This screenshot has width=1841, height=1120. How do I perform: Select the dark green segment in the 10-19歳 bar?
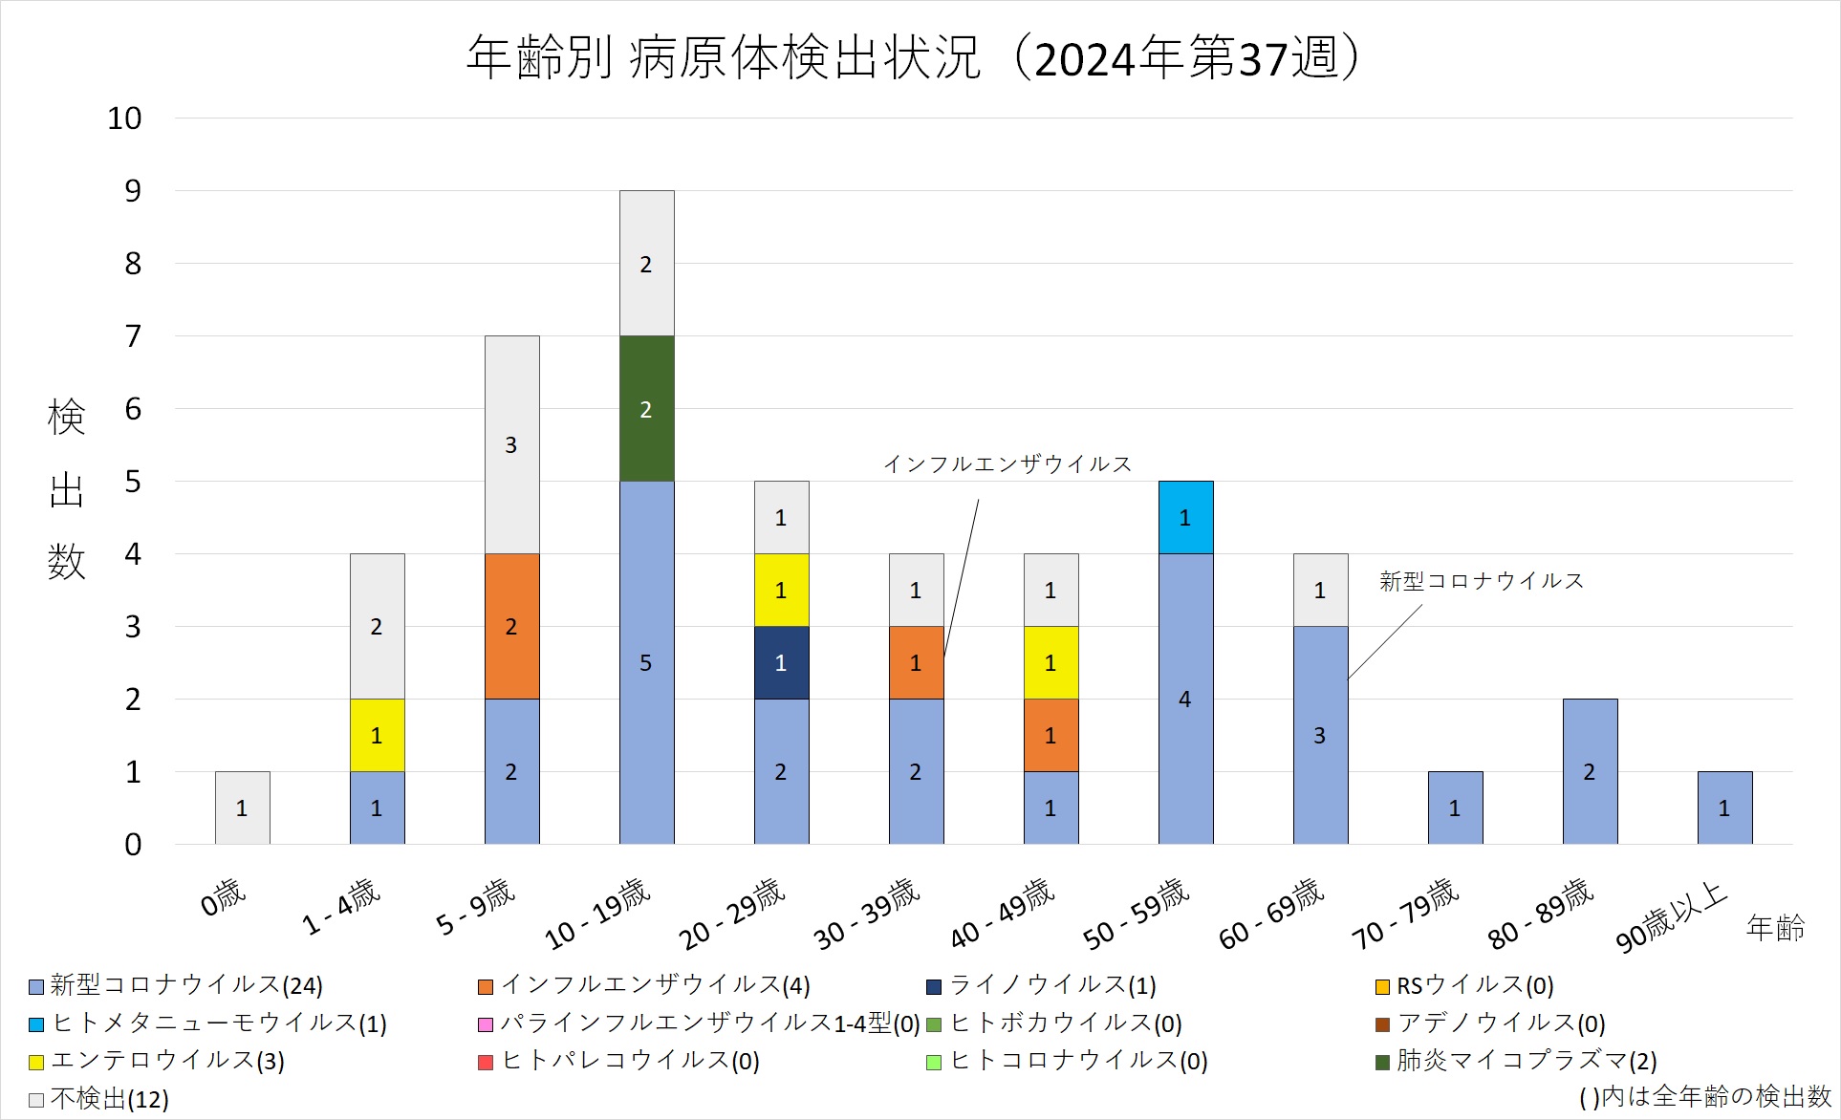pos(646,409)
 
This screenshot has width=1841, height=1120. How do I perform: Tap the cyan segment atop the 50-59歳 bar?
pos(1185,517)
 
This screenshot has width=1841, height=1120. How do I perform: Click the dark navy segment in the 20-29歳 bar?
pos(781,662)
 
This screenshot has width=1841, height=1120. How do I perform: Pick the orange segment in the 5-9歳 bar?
pos(511,626)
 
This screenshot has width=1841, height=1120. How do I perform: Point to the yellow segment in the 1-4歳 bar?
pos(377,735)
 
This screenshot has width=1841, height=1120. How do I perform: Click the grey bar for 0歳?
pos(242,808)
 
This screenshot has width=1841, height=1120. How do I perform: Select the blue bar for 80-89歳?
pos(1590,771)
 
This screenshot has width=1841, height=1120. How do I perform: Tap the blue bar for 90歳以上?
pos(1724,808)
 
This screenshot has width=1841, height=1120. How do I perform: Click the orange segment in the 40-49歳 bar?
pos(1050,735)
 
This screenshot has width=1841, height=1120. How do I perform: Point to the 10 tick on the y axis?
pos(124,118)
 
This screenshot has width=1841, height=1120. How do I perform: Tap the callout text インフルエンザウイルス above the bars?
pos(1007,464)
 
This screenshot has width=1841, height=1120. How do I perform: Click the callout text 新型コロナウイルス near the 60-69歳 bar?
pos(1481,581)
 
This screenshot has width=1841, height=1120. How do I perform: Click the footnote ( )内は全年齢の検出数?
pos(1704,1097)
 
